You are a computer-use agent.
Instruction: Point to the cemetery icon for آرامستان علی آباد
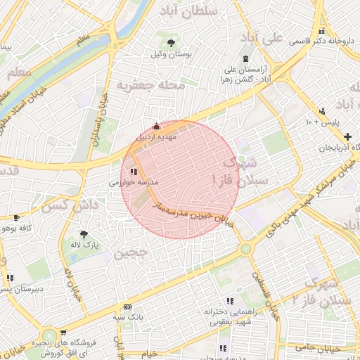245,58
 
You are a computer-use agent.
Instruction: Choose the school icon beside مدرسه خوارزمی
134,170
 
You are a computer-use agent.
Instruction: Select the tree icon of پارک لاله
85,233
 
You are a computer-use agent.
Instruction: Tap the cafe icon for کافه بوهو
16,218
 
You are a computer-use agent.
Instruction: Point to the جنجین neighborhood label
131,251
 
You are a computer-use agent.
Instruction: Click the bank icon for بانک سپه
127,307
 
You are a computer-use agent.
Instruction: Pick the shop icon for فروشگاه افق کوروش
63,333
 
